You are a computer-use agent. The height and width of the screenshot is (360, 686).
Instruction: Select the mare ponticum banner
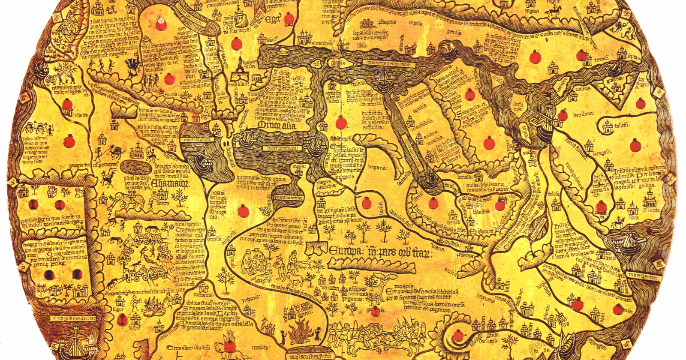tap(280, 148)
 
